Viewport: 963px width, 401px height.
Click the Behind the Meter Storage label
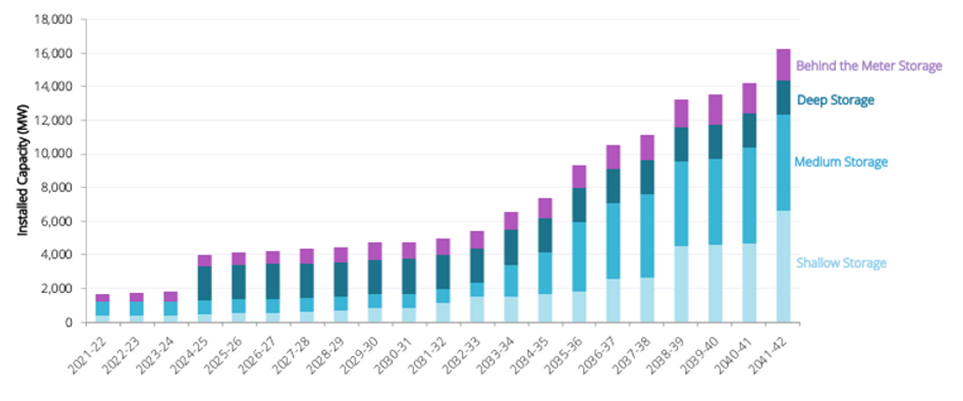[868, 66]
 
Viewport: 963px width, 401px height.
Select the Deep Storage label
[835, 100]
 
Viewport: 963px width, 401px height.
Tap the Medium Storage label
[840, 162]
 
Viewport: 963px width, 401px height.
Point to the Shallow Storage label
[840, 263]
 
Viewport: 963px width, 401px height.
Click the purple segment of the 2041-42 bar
[783, 65]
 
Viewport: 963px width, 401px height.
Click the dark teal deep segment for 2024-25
[204, 283]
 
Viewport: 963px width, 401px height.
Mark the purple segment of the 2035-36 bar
[579, 176]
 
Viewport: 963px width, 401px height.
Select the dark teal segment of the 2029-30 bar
[374, 277]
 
